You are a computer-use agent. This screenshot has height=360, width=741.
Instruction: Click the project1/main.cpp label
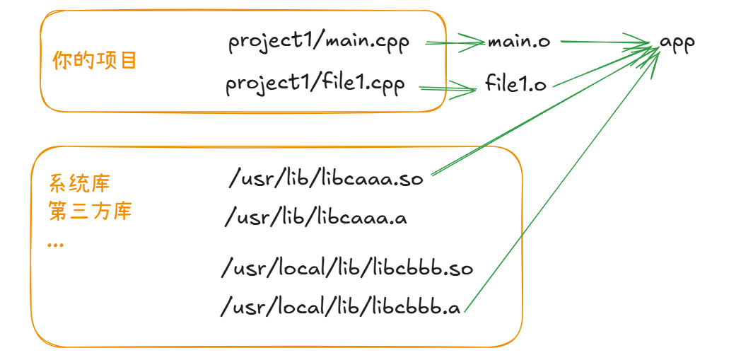tap(318, 42)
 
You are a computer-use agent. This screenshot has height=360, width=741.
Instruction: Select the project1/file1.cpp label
tap(315, 85)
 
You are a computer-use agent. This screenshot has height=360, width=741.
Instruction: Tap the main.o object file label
tap(519, 42)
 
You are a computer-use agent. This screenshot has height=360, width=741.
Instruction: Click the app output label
tap(677, 42)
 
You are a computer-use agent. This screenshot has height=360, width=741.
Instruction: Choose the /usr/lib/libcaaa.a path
tap(316, 217)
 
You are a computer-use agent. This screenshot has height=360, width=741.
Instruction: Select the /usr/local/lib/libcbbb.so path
tap(346, 269)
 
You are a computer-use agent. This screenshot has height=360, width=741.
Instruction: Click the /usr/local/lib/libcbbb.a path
tap(341, 308)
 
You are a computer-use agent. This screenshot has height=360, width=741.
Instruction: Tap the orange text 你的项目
tap(95, 61)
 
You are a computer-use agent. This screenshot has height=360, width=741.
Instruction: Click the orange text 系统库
tap(79, 185)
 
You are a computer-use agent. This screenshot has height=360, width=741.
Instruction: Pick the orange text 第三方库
tap(90, 211)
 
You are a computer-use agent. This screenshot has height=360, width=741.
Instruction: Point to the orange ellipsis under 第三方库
tap(55, 244)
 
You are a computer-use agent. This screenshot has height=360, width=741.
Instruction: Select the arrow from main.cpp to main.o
tap(455, 43)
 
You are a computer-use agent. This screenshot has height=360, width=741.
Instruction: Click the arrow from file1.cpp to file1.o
tap(448, 88)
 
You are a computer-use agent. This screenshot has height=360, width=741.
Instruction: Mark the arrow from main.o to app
tap(605, 42)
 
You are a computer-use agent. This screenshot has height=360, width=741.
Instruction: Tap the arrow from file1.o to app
tap(601, 66)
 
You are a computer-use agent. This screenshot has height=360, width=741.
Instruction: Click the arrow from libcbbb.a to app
tap(566, 177)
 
